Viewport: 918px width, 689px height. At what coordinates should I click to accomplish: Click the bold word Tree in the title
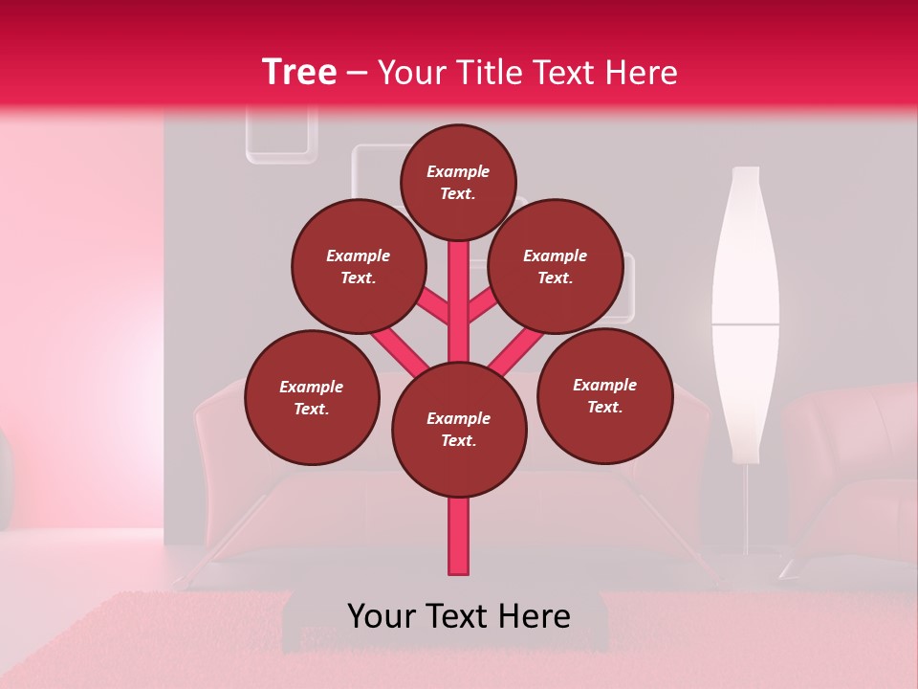pos(299,72)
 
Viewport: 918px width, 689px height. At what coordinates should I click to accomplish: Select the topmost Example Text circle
pos(458,182)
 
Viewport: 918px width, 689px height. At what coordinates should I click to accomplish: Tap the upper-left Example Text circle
pos(359,267)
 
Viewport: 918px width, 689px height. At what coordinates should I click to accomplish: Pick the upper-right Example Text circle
pos(556,267)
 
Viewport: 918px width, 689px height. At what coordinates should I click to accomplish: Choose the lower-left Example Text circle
pos(312,398)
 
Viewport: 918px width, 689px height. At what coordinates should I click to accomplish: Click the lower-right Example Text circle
pos(604,396)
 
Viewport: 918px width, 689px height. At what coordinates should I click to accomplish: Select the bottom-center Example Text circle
pos(459,430)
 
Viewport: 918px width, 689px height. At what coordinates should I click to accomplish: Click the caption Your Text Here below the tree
pos(459,616)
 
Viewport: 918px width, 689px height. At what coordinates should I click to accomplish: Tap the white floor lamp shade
pos(745,306)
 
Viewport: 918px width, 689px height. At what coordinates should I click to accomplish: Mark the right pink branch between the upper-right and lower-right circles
pos(516,350)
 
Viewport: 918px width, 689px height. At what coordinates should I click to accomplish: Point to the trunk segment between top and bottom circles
pos(459,301)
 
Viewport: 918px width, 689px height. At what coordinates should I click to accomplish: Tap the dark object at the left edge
pos(5,478)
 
